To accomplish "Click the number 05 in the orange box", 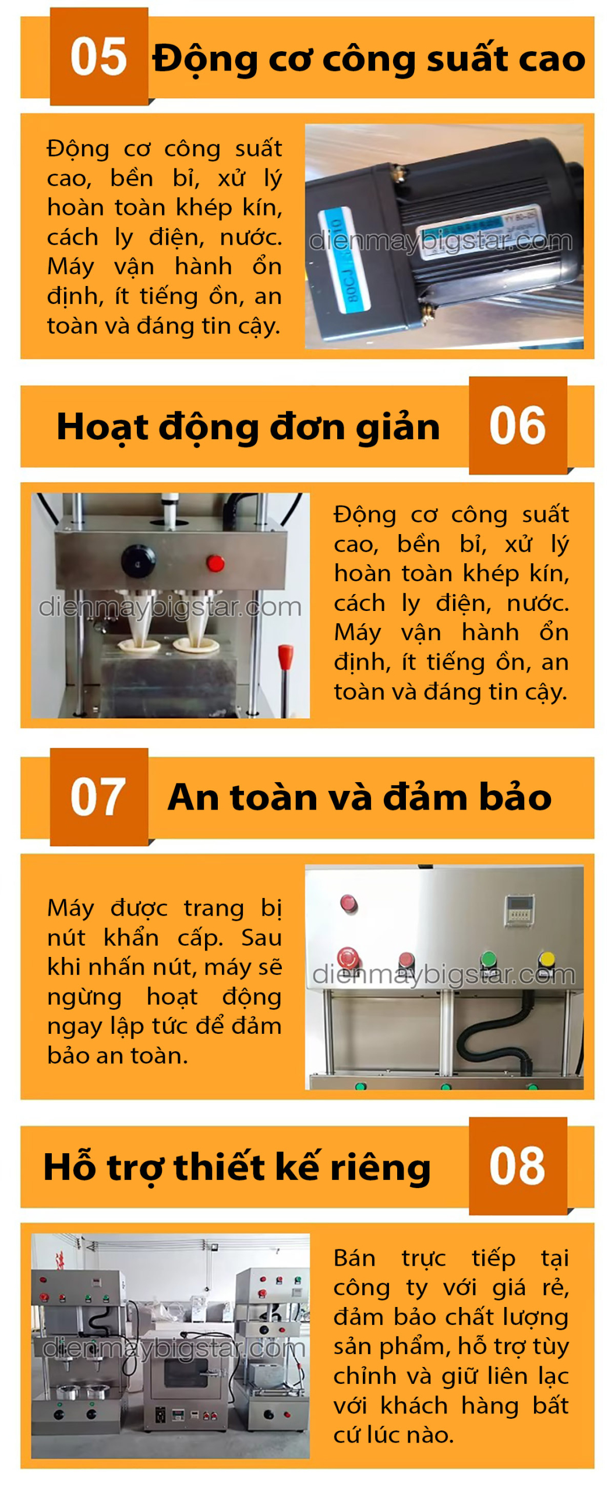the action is click(98, 56).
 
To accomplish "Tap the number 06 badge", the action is click(518, 426).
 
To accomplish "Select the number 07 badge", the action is click(98, 797).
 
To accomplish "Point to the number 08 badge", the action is click(518, 1166).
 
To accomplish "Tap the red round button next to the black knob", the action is click(215, 563).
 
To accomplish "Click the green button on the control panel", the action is click(488, 959).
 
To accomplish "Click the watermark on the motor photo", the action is click(440, 241).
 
